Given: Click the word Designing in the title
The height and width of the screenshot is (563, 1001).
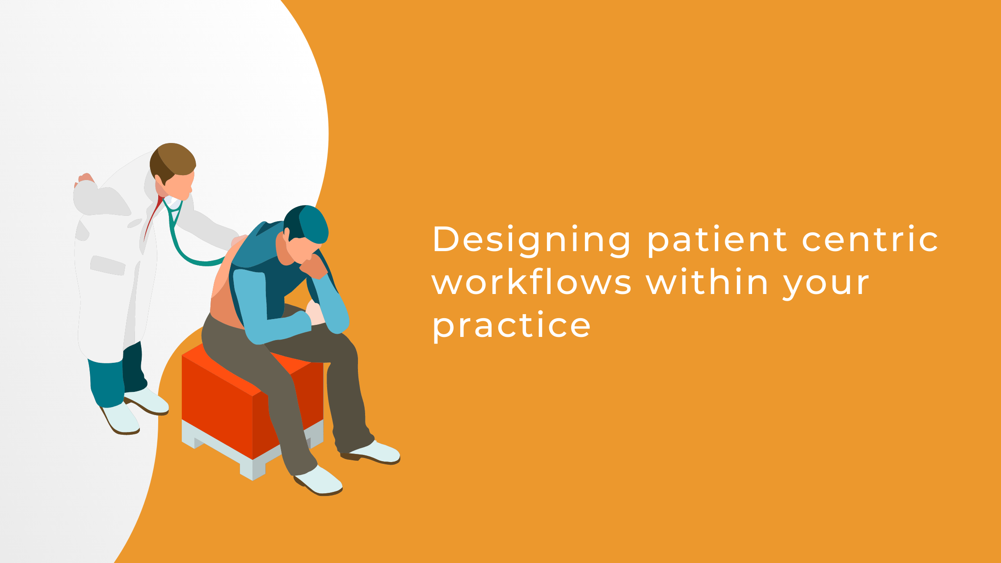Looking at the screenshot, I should (x=531, y=240).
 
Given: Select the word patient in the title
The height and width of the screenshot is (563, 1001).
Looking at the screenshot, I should (x=717, y=240).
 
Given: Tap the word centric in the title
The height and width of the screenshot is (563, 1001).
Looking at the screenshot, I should (x=870, y=240).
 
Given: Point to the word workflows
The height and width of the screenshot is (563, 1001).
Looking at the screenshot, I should (x=531, y=283).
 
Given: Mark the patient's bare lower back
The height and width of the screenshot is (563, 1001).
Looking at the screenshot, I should (x=226, y=308).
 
